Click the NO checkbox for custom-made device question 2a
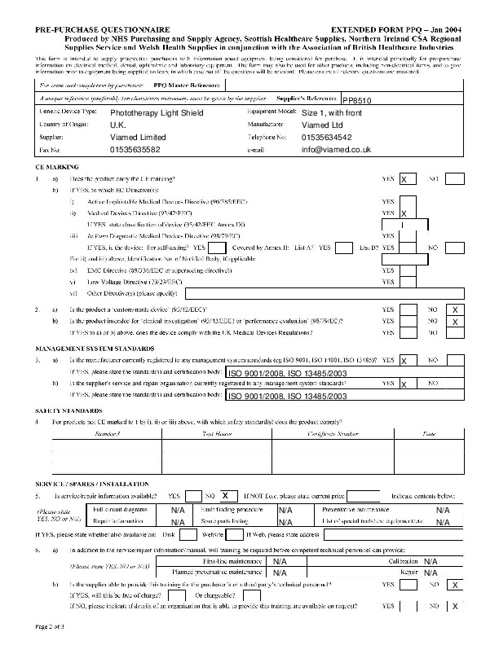pos(456,310)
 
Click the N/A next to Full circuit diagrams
pos(178,510)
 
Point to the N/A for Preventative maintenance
pos(443,510)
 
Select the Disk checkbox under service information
pos(187,535)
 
